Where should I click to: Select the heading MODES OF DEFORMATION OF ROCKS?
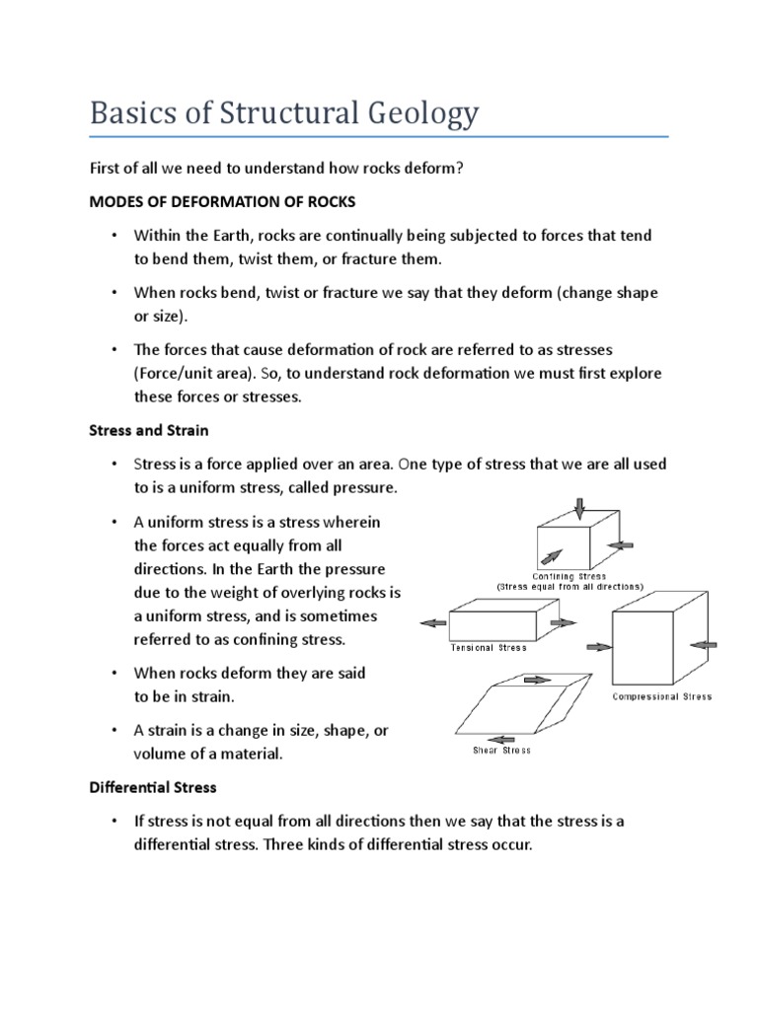pyautogui.click(x=222, y=201)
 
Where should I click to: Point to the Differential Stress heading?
pyautogui.click(x=153, y=788)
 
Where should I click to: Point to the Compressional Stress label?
pyautogui.click(x=662, y=696)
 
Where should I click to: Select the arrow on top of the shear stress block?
pyautogui.click(x=537, y=680)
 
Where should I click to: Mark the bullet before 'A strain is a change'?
pyautogui.click(x=114, y=731)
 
